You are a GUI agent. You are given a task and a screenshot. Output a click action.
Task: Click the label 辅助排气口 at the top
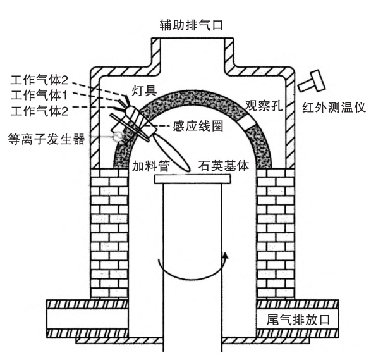point(191,25)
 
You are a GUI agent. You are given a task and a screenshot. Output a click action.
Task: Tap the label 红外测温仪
point(334,108)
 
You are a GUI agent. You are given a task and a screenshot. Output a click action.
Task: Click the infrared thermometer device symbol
point(312,81)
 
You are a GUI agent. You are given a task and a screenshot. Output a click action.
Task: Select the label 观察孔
point(264,105)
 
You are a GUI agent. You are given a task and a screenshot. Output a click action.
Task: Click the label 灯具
point(144,90)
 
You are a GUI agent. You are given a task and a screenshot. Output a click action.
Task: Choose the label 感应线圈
point(198,126)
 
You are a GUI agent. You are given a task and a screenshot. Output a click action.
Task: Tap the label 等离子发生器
point(46,139)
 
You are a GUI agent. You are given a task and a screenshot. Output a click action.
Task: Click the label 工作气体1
point(39,95)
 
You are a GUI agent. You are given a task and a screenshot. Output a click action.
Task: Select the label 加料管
point(151,166)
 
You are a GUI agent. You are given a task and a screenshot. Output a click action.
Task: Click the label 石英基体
point(224,166)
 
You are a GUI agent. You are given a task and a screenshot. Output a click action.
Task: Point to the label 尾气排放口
point(298,320)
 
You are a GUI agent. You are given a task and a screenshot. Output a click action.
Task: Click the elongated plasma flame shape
point(173,152)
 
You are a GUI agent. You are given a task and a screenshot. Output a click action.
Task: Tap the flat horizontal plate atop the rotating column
point(192,179)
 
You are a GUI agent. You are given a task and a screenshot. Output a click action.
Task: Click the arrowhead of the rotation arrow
point(226,256)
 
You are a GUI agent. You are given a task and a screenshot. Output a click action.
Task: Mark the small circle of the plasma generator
point(118,136)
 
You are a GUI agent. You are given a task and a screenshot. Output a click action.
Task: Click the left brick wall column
point(109,233)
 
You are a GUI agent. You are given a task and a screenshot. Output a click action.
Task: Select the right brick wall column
point(276,233)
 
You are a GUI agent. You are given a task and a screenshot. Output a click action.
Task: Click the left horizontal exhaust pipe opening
point(88,318)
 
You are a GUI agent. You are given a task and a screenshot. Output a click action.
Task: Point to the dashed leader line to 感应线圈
point(157,126)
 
